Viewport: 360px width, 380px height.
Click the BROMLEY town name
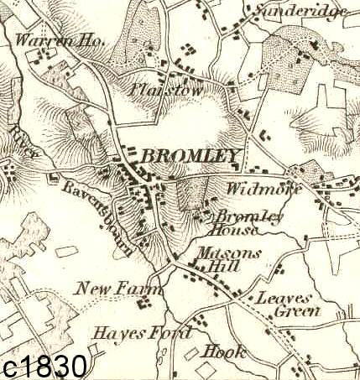point(191,155)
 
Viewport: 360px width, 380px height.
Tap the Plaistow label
point(157,89)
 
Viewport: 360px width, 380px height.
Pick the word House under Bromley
point(227,228)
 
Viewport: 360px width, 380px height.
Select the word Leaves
point(284,298)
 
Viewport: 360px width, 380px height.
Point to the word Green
point(298,312)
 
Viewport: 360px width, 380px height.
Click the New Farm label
point(112,289)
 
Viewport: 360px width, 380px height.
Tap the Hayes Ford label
point(143,332)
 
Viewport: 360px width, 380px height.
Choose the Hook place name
point(225,351)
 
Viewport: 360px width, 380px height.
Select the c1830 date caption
point(45,366)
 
